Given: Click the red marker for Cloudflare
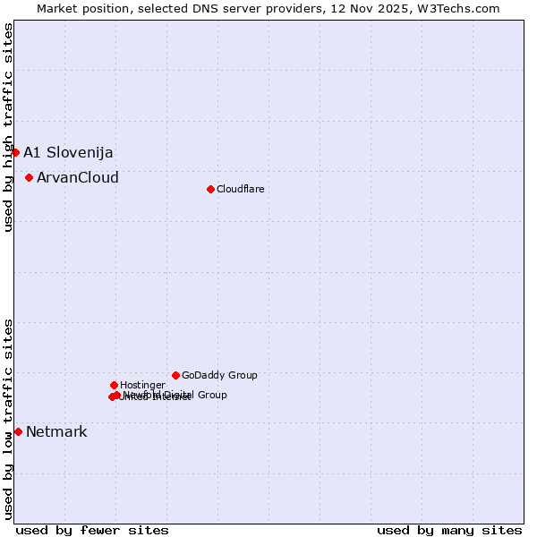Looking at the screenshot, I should [x=210, y=189].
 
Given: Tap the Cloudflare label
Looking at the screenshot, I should [x=241, y=189].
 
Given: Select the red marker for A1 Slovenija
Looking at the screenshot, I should [x=15, y=152].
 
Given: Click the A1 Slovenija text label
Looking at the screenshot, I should [x=68, y=152].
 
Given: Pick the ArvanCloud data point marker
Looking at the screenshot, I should [x=29, y=177].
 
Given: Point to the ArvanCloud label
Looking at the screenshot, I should [x=78, y=177].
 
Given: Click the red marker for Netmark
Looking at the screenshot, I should [x=18, y=431].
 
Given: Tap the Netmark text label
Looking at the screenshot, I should [x=56, y=431].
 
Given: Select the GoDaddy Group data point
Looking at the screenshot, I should [x=175, y=375].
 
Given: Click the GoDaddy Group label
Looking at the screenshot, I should [x=219, y=375].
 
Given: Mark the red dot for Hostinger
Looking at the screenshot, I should [x=114, y=385].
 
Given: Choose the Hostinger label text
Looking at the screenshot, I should [x=142, y=385].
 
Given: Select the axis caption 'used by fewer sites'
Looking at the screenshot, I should [x=92, y=530].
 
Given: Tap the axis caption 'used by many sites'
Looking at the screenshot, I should [x=449, y=530].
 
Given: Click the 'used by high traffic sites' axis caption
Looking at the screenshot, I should [x=8, y=128].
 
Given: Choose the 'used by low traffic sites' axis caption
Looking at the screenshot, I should [x=8, y=418].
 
